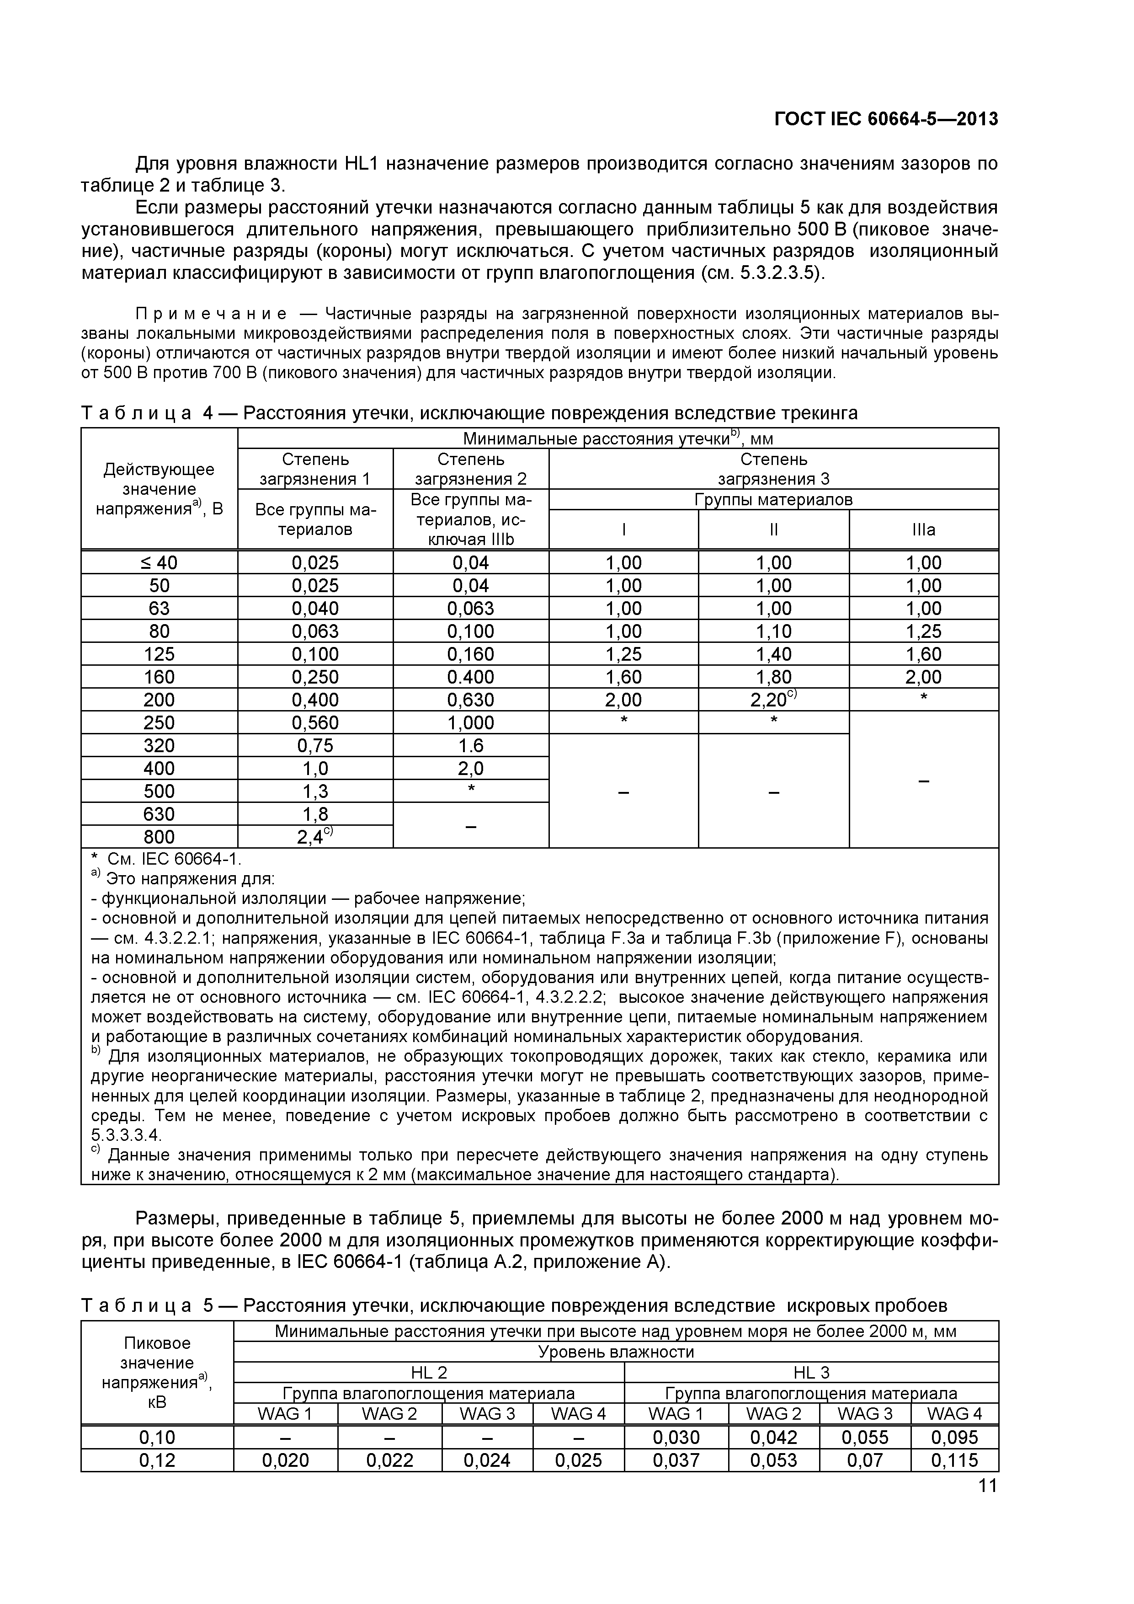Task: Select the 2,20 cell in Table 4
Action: (x=773, y=699)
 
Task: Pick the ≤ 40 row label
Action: (x=159, y=562)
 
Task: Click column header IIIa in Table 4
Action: (x=923, y=529)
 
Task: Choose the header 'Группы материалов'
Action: (x=773, y=499)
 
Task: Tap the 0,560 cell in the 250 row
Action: (x=315, y=722)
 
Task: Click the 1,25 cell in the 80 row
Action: (x=923, y=631)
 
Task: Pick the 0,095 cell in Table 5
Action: (x=954, y=1437)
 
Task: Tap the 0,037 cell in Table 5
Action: (x=676, y=1460)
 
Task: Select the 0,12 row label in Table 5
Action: (x=157, y=1460)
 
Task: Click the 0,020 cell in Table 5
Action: (x=286, y=1460)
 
